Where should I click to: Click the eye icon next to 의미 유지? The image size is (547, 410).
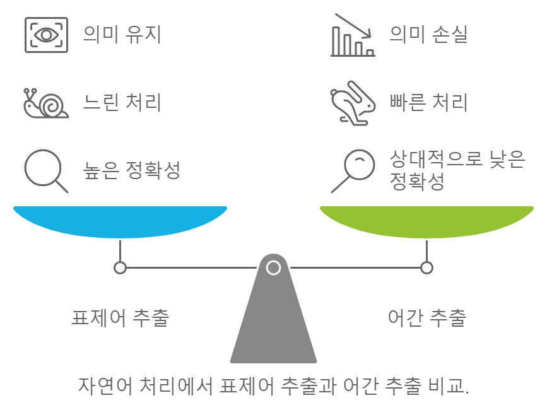pyautogui.click(x=45, y=34)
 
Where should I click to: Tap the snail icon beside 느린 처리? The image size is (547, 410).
pyautogui.click(x=45, y=102)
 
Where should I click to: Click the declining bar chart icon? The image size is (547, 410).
pyautogui.click(x=353, y=35)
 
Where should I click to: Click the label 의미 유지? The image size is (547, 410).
pyautogui.click(x=122, y=34)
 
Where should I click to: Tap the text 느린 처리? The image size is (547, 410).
pyautogui.click(x=122, y=102)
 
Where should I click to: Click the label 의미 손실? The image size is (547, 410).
pyautogui.click(x=429, y=34)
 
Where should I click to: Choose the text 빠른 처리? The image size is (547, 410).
pyautogui.click(x=429, y=102)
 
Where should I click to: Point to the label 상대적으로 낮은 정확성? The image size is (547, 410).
pyautogui.click(x=457, y=170)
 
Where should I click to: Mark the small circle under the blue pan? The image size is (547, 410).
pyautogui.click(x=120, y=267)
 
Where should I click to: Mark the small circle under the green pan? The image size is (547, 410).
pyautogui.click(x=427, y=267)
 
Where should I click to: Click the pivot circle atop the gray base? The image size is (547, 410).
pyautogui.click(x=273, y=267)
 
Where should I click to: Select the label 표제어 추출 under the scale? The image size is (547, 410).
pyautogui.click(x=120, y=317)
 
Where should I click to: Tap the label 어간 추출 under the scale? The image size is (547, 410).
pyautogui.click(x=427, y=317)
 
